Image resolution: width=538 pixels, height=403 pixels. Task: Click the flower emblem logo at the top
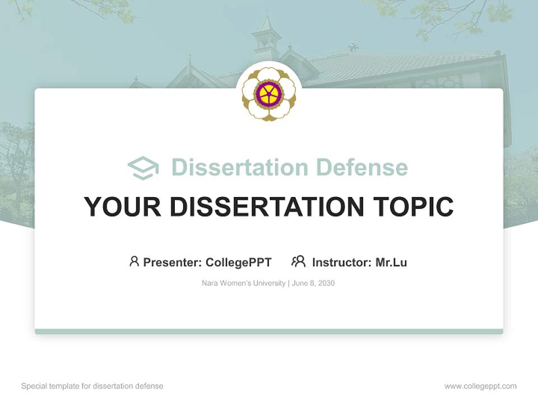coord(269,93)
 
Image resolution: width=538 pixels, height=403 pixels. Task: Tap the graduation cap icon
coord(143,168)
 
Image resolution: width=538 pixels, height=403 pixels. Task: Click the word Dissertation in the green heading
coord(239,167)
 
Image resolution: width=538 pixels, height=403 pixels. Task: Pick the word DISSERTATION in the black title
coord(266,207)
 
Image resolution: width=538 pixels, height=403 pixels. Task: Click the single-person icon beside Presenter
coord(134,261)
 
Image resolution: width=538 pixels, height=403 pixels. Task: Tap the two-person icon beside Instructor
coord(298,261)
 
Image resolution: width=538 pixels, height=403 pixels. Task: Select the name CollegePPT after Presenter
coord(238,263)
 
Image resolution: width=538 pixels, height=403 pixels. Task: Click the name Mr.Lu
coord(391,263)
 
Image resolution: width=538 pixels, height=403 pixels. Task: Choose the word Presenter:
coord(173,263)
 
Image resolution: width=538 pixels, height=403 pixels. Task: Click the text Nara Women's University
coord(243,283)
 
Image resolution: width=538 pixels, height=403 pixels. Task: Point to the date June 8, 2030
coord(313,283)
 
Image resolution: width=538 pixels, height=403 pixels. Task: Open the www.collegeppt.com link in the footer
coord(480,386)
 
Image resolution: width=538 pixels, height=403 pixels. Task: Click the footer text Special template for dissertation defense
coord(92,386)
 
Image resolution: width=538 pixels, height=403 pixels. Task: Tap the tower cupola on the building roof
coord(266,36)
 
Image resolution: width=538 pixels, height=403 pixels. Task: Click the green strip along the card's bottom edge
coord(269,331)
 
